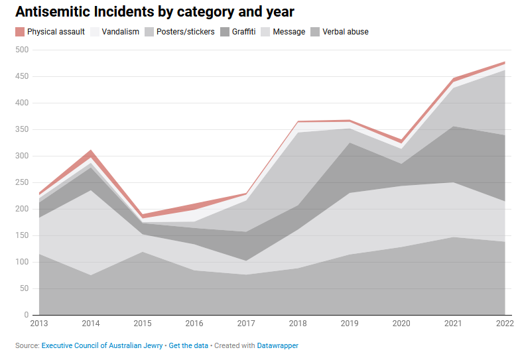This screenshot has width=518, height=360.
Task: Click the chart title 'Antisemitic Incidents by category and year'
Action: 155,12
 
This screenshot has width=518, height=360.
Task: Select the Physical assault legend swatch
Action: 20,32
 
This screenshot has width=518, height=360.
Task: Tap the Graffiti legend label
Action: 243,32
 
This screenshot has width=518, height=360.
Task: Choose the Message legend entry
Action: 289,32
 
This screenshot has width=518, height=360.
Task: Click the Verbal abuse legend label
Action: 345,32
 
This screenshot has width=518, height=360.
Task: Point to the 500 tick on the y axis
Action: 22,50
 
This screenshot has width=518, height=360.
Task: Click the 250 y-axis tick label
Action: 22,182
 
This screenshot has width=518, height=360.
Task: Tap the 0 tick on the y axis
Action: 27,315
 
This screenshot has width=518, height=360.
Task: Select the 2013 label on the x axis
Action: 38,324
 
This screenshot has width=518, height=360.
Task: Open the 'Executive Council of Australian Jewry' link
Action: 102,345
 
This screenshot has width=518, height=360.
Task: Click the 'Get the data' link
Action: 188,345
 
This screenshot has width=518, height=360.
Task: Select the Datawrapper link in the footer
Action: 278,345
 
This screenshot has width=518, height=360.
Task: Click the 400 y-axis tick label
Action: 22,103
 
